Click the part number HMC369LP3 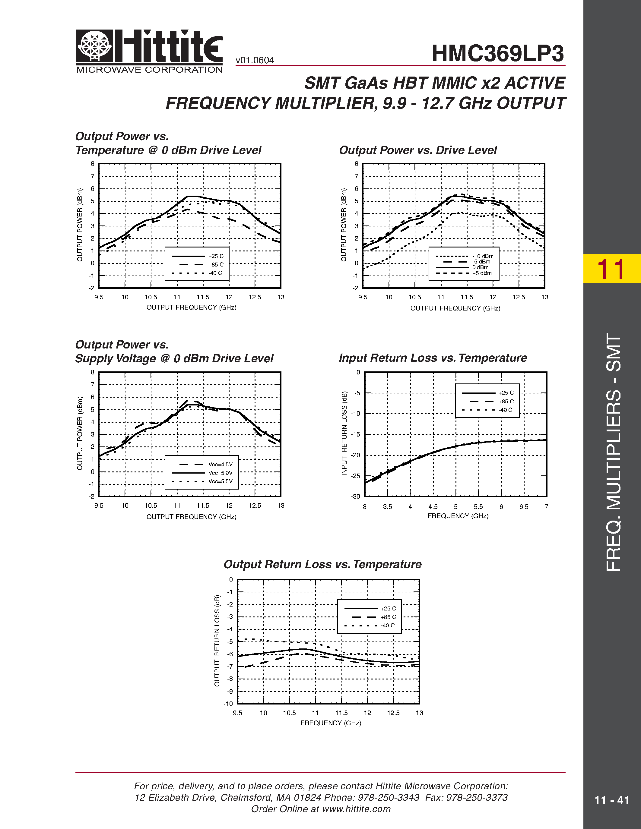pos(497,54)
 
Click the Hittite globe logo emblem pos(94,46)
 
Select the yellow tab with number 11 pos(611,269)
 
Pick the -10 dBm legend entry pos(483,256)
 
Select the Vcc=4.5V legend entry pos(220,464)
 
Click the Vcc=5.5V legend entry pos(220,481)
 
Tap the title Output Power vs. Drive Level pos(418,150)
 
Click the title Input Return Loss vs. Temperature pos(433,358)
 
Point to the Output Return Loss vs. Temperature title pos(322,564)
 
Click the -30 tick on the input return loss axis pos(355,496)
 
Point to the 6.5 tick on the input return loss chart pos(524,507)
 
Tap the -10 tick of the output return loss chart pos(228,704)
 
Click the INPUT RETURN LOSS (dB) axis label pos(344,433)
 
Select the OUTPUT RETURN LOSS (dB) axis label pos(217,641)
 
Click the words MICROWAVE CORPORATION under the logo pos(149,70)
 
